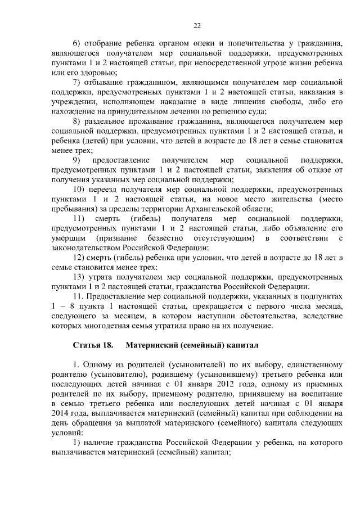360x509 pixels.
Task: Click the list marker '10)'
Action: point(79,189)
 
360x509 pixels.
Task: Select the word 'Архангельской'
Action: point(219,208)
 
